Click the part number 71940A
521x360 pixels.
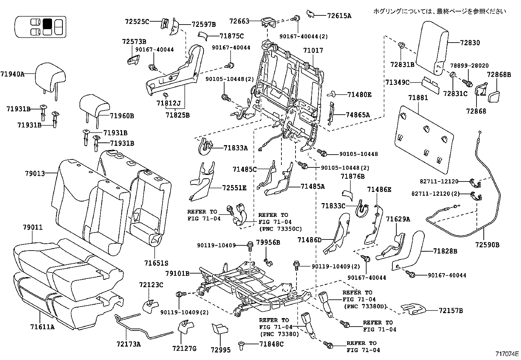tap(12, 74)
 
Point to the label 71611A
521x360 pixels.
tap(42, 326)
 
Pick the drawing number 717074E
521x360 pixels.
tap(507, 354)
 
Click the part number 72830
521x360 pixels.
tap(470, 43)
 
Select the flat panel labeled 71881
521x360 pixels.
tap(425, 138)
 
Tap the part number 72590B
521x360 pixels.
tap(487, 245)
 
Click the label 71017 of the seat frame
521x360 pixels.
tap(313, 50)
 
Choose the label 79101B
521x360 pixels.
tap(177, 273)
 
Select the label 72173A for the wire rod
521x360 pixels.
tap(128, 344)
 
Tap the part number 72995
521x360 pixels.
tap(221, 350)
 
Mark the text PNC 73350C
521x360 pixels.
tap(280, 229)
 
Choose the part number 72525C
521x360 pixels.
tap(137, 22)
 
